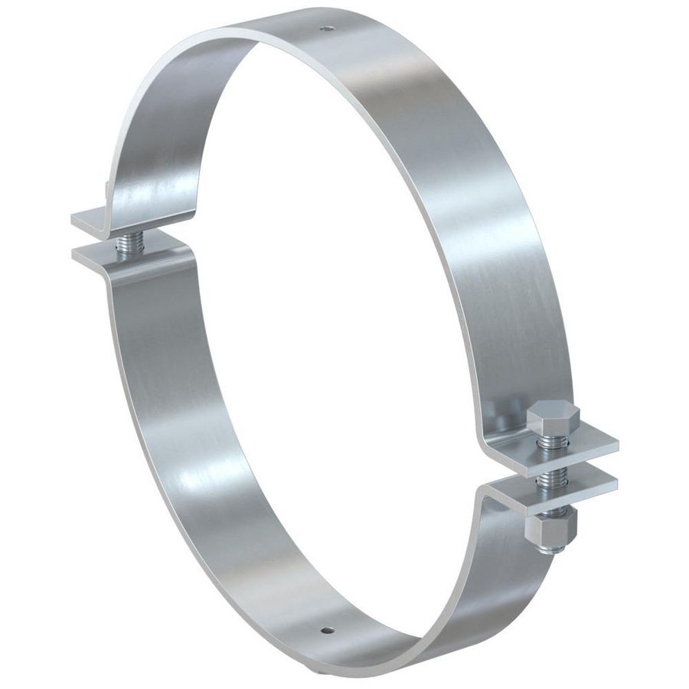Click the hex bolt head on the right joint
553,417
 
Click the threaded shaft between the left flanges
127,243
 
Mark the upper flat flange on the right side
570,445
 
